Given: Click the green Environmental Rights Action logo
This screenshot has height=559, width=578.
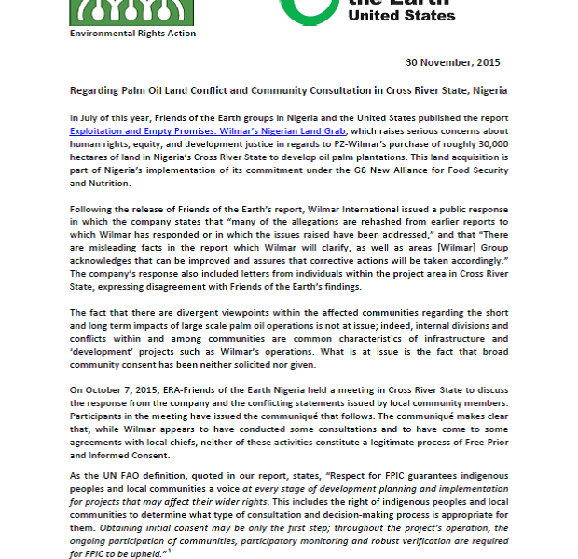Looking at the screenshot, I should click(132, 11).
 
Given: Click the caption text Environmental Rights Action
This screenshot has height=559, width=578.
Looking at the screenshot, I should click(132, 34).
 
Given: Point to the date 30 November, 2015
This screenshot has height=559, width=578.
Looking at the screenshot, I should click(453, 62).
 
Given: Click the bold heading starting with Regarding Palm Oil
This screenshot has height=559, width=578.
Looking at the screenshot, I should click(288, 91).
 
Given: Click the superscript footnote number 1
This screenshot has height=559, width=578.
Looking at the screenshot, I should click(169, 551).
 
